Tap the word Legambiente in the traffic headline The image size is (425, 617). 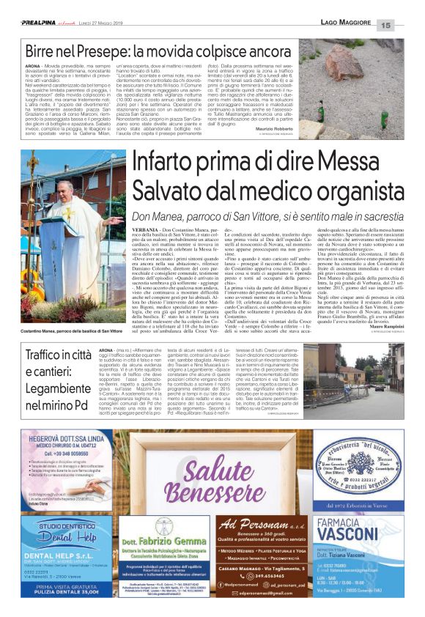[x=56, y=388]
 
